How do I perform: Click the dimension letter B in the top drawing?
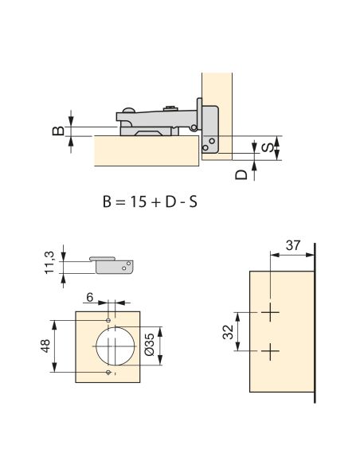(x=58, y=131)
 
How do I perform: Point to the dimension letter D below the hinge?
(x=241, y=174)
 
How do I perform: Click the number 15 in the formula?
(x=139, y=202)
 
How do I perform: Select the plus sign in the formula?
(x=156, y=202)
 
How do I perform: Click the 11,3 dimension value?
(x=49, y=263)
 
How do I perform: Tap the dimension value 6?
(x=90, y=297)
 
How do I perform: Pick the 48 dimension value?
(x=45, y=346)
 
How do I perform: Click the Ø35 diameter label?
(x=150, y=344)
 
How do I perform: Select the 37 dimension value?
(x=293, y=245)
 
